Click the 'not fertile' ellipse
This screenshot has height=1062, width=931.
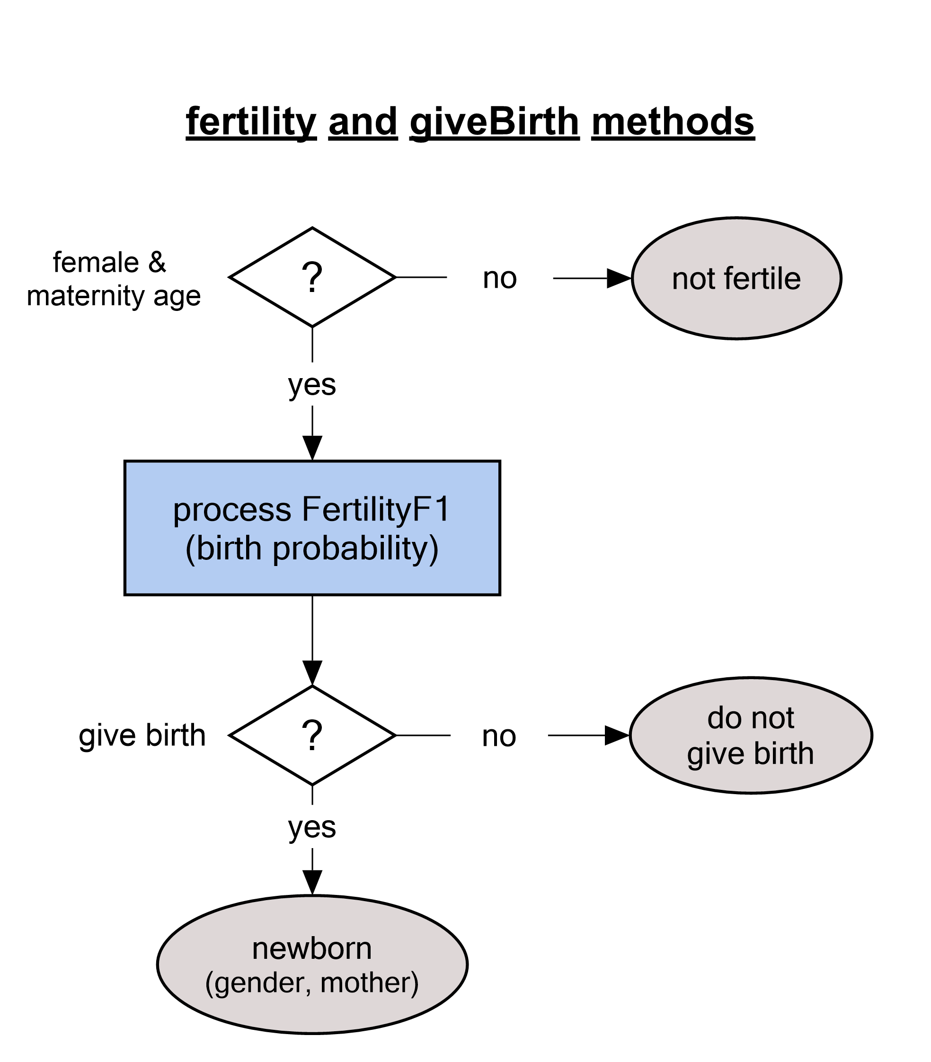(x=736, y=278)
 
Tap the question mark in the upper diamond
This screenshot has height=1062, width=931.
(x=312, y=277)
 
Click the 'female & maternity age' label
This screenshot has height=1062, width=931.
(x=113, y=279)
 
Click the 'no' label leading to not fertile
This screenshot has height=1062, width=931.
(x=500, y=278)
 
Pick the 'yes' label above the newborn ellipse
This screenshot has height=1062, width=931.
(x=312, y=827)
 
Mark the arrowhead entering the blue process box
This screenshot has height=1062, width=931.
(x=312, y=448)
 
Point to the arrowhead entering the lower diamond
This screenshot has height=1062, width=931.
(x=312, y=673)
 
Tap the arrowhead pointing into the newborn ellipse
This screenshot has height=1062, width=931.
(x=312, y=882)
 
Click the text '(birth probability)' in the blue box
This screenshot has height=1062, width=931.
(x=312, y=549)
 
